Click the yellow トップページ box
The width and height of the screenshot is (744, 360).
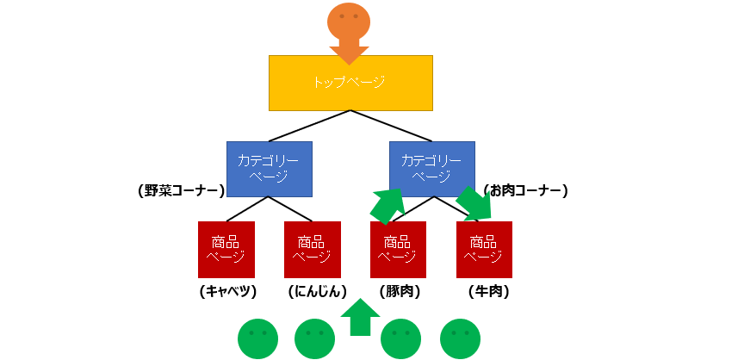pos(350,83)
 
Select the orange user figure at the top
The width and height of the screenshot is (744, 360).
pos(349,22)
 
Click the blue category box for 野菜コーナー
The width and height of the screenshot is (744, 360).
pos(269,168)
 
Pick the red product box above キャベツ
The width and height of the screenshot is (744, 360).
pos(226,249)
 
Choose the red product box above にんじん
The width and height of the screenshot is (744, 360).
pos(312,249)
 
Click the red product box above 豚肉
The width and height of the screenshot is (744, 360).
pos(398,249)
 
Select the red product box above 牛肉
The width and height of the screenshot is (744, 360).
pos(484,249)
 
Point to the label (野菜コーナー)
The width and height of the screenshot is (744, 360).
pos(181,191)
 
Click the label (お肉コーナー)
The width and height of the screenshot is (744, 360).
pos(524,190)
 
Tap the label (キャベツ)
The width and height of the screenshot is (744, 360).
pos(227,292)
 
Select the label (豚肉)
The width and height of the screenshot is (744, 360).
pos(400,292)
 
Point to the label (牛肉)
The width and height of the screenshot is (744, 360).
pos(488,292)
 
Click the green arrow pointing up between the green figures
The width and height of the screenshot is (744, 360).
pos(360,317)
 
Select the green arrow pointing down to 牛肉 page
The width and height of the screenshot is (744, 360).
pos(474,204)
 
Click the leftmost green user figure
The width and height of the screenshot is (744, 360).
pos(257,338)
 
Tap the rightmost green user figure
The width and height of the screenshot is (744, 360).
pos(460,338)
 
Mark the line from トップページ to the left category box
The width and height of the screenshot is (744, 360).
pos(309,126)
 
